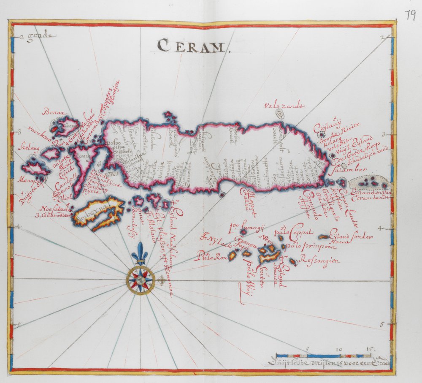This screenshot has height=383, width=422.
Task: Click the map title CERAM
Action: coord(192,45)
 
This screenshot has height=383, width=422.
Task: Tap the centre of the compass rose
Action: coord(140,279)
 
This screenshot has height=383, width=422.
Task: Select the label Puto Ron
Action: coord(212,256)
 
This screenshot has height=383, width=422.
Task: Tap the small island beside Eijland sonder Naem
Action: coord(325,237)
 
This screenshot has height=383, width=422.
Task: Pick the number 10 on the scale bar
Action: coord(339,350)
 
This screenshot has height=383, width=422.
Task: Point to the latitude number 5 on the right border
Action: coord(381,324)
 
